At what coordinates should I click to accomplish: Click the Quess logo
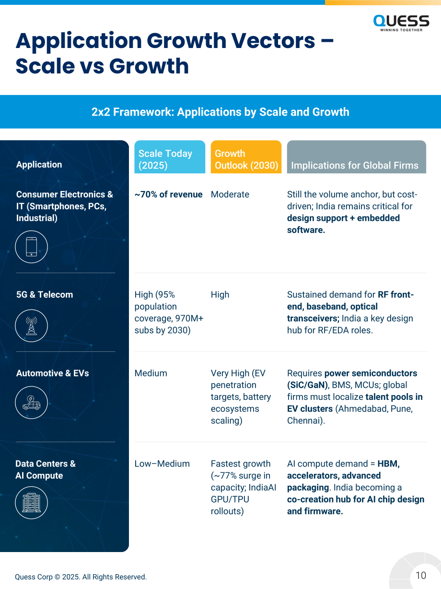[x=401, y=23]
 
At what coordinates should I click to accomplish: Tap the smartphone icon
[x=31, y=247]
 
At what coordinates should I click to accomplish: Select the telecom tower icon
[x=31, y=325]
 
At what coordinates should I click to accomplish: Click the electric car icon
[x=31, y=402]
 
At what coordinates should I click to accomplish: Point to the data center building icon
[x=31, y=503]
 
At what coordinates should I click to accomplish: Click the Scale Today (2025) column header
[x=170, y=156]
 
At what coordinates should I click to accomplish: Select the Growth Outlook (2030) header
[x=246, y=156]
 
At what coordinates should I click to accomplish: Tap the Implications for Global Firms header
[x=356, y=156]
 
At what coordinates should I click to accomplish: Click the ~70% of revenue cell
[x=169, y=194]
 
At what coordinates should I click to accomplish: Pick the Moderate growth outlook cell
[x=230, y=194]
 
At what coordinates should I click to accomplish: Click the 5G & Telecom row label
[x=45, y=294]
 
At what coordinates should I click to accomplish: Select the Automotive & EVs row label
[x=53, y=373]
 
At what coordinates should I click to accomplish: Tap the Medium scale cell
[x=151, y=373]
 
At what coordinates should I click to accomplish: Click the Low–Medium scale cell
[x=162, y=463]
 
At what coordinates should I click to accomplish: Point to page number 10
[x=421, y=575]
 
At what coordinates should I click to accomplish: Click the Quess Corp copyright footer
[x=81, y=577]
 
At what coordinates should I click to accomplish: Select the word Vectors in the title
[x=273, y=40]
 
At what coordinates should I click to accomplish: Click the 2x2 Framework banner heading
[x=220, y=112]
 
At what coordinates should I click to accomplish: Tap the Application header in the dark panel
[x=39, y=164]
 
